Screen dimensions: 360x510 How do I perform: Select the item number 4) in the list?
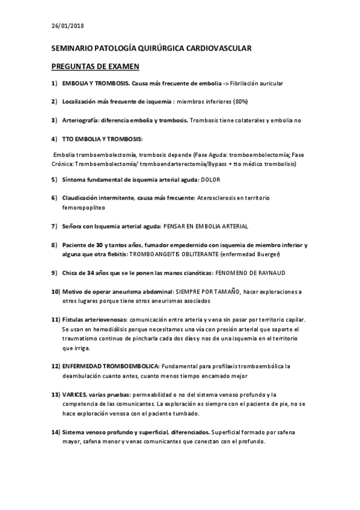pyautogui.click(x=54, y=138)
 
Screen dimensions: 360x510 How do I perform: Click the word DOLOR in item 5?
pyautogui.click(x=210, y=179)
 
